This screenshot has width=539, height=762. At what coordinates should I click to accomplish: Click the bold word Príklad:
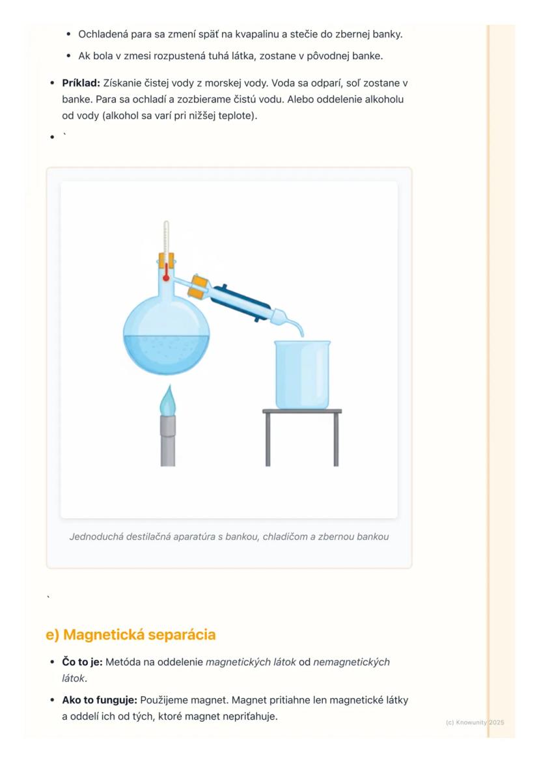tap(81, 83)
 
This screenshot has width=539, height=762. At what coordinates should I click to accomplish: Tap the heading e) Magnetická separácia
tap(131, 634)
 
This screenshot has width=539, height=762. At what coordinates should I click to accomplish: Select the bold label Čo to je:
tap(82, 662)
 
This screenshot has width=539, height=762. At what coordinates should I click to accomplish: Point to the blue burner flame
tap(168, 400)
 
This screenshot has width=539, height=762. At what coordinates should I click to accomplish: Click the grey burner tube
tap(168, 441)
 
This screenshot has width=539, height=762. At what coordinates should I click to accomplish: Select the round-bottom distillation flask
tap(166, 325)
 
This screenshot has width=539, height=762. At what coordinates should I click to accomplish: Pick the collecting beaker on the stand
tap(302, 374)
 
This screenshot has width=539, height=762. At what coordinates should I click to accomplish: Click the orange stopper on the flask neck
tap(166, 260)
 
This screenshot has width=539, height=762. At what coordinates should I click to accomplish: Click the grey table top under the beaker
tap(302, 411)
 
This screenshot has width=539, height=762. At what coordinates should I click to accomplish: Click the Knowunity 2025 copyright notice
tap(475, 723)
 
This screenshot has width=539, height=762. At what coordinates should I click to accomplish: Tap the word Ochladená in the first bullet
tap(103, 34)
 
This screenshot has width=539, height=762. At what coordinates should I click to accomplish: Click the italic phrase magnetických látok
tap(251, 662)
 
